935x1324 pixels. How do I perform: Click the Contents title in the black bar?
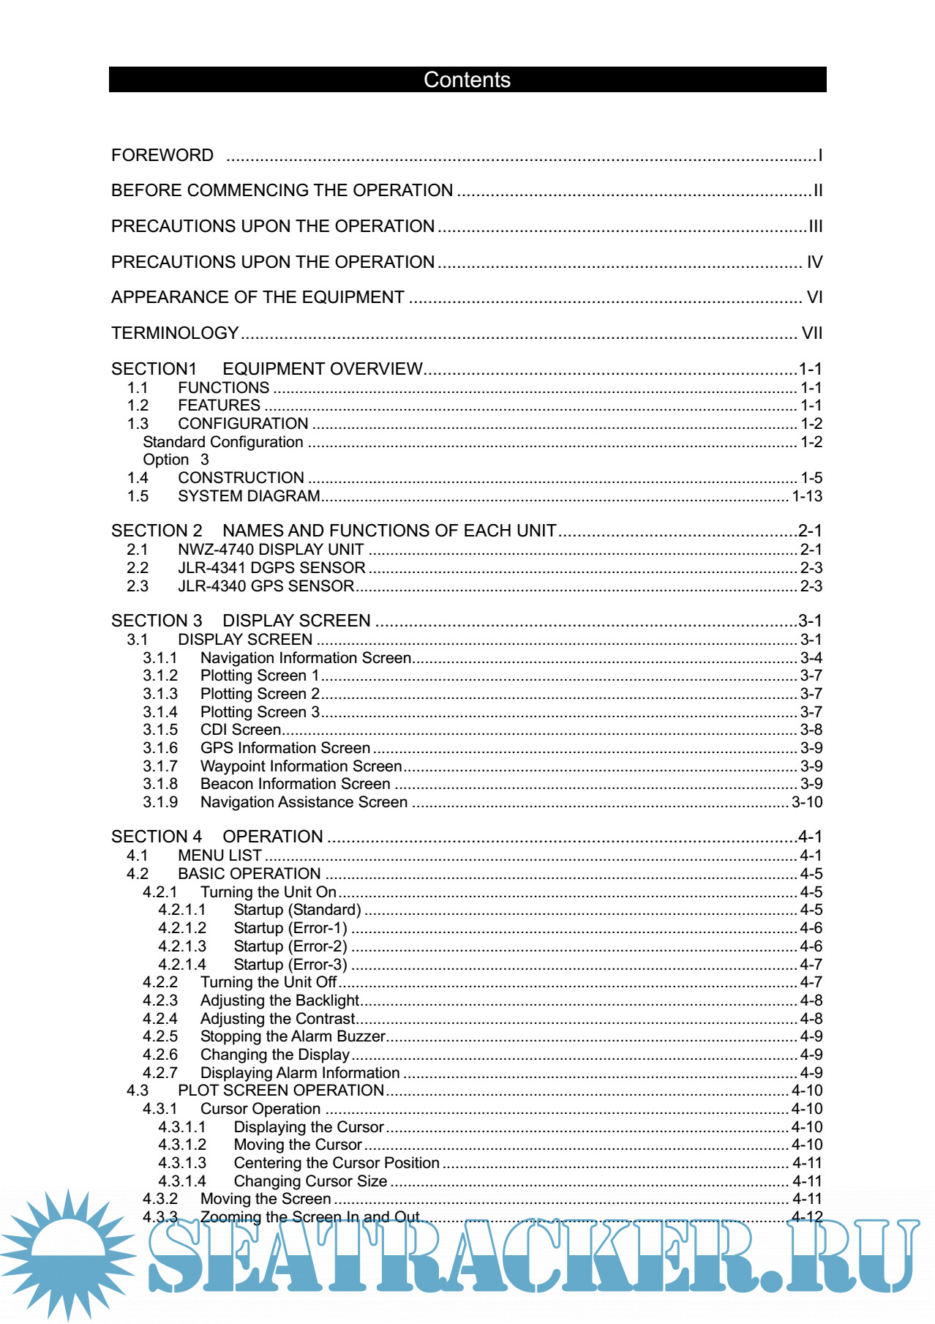[467, 80]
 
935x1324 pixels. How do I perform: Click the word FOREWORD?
[162, 155]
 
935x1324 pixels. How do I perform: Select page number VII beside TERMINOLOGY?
[811, 333]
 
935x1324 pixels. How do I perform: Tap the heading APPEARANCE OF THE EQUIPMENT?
[258, 297]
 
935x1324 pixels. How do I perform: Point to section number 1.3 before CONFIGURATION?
[138, 424]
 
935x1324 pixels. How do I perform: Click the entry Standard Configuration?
[222, 442]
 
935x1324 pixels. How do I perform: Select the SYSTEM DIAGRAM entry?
[249, 496]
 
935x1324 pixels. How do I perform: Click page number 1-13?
[807, 496]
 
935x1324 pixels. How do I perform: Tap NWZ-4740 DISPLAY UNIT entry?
[271, 550]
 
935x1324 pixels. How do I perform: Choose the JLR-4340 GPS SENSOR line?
[266, 586]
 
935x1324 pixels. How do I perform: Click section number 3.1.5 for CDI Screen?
[160, 730]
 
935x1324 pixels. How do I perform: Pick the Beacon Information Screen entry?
[295, 784]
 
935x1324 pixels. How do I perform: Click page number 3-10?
[807, 802]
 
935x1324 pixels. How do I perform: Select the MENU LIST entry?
[219, 856]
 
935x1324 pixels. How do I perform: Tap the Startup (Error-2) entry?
[290, 946]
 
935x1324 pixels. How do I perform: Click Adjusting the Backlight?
[279, 1001]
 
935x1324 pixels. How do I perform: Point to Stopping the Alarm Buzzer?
[293, 1036]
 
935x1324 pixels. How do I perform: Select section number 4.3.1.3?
[182, 1163]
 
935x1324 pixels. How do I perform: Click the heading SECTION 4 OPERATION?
[217, 837]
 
